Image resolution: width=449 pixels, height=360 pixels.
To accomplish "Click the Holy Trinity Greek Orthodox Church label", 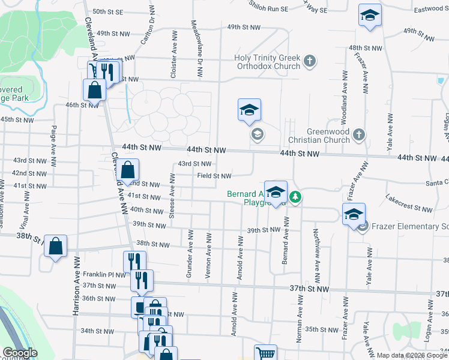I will pyautogui.click(x=267, y=62).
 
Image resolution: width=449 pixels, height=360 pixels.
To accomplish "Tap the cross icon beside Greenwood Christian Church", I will pyautogui.click(x=358, y=134).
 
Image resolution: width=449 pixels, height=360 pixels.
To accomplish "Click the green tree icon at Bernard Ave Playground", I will pyautogui.click(x=295, y=196).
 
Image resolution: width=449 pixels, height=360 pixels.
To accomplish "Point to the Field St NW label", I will pyautogui.click(x=214, y=176).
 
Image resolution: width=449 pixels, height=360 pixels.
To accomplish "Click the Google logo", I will pyautogui.click(x=20, y=353).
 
